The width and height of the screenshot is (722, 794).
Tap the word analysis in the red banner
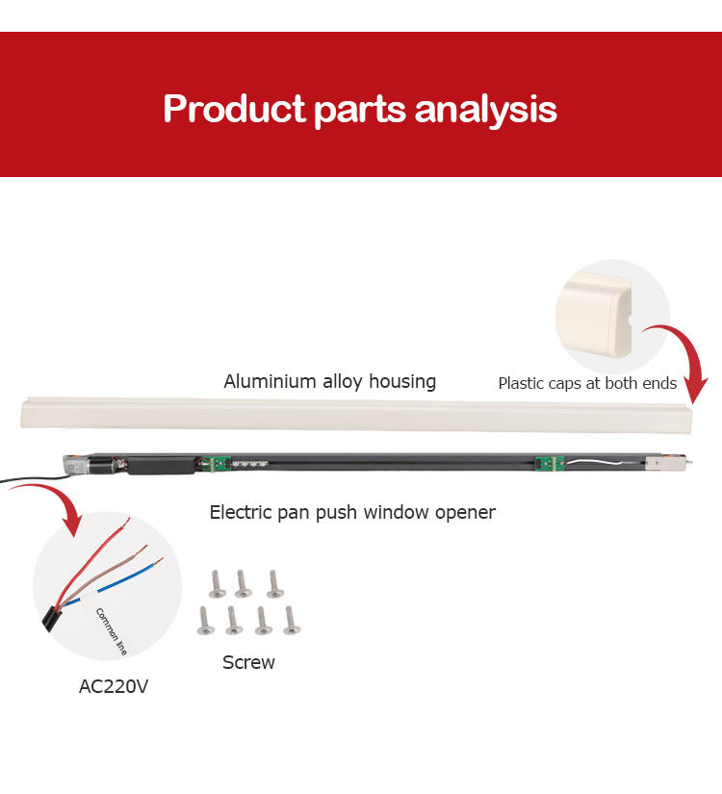tap(486, 108)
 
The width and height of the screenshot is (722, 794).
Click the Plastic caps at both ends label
tap(587, 383)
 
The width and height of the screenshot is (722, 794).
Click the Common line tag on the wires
tap(110, 630)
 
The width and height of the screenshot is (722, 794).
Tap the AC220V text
tap(114, 687)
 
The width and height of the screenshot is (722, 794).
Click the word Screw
tap(248, 662)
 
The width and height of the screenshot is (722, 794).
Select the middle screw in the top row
tap(243, 582)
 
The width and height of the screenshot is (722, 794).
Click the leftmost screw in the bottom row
tap(204, 620)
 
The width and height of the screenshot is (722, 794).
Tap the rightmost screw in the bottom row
tap(291, 620)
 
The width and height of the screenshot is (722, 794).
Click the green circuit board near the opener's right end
tap(545, 463)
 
